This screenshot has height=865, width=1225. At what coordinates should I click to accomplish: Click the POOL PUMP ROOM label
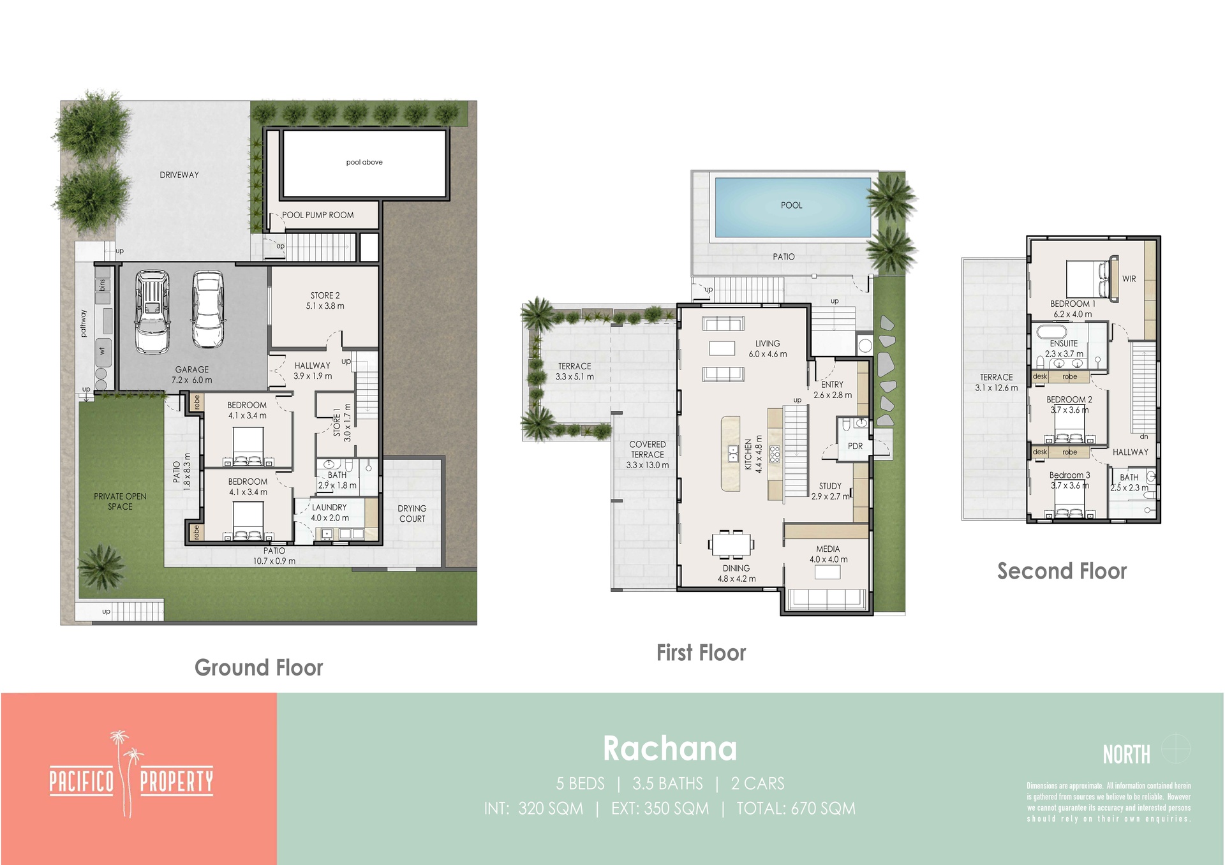[318, 215]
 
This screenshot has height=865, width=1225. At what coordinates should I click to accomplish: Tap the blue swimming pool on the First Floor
[792, 207]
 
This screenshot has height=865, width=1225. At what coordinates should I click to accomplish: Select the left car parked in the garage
[152, 311]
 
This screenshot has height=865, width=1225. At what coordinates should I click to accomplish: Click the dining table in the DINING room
[731, 544]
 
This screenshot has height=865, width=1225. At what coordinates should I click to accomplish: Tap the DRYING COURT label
[412, 514]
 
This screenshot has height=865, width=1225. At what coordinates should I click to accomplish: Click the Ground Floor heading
[258, 667]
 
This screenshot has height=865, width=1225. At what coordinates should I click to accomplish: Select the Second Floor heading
[1062, 571]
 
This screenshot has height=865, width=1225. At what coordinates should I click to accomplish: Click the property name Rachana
[670, 748]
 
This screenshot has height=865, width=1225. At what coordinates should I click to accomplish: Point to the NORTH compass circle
[1175, 749]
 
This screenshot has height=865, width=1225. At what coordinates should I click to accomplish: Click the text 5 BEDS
[580, 783]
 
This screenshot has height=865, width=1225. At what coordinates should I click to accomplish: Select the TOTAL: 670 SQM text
[796, 809]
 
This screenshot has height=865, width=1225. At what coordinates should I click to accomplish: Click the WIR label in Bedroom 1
[1129, 279]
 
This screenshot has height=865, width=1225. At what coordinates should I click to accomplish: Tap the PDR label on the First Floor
[855, 446]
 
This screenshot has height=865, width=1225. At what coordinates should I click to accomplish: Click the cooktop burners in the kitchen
[775, 454]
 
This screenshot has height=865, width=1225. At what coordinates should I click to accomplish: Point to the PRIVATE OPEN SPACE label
[120, 501]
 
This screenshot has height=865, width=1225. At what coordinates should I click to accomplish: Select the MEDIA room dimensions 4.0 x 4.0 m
[828, 559]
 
